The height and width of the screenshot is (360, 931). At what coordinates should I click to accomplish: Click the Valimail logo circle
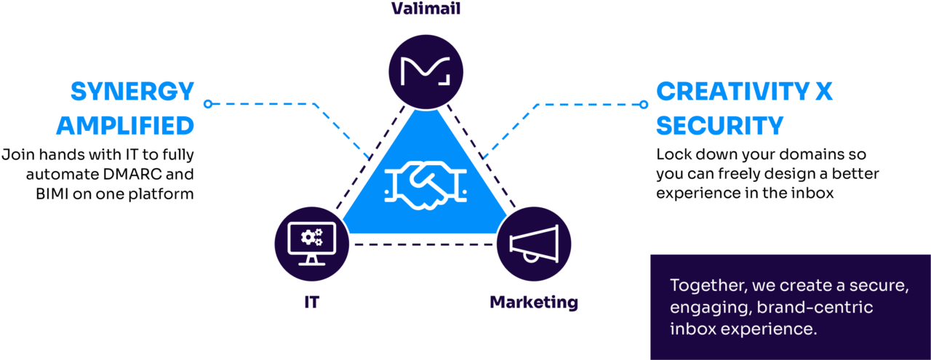[425, 71]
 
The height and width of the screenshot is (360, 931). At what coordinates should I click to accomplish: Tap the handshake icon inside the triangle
[425, 186]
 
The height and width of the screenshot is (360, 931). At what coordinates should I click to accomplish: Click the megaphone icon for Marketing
[534, 244]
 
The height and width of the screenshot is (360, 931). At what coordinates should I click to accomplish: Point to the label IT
[312, 302]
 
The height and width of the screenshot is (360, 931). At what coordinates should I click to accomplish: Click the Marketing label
[534, 302]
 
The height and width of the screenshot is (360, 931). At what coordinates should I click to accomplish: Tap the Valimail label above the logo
[425, 9]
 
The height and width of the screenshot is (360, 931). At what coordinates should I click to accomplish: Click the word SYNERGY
[132, 92]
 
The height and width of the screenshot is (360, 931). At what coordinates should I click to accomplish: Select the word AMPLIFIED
[125, 126]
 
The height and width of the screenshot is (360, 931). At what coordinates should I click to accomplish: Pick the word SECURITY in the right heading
[719, 126]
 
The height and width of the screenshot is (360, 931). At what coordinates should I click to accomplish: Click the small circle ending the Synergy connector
[207, 104]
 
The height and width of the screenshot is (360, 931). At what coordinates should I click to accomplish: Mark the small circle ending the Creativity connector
[643, 104]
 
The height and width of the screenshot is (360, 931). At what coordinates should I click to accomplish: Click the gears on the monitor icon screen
[312, 236]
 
